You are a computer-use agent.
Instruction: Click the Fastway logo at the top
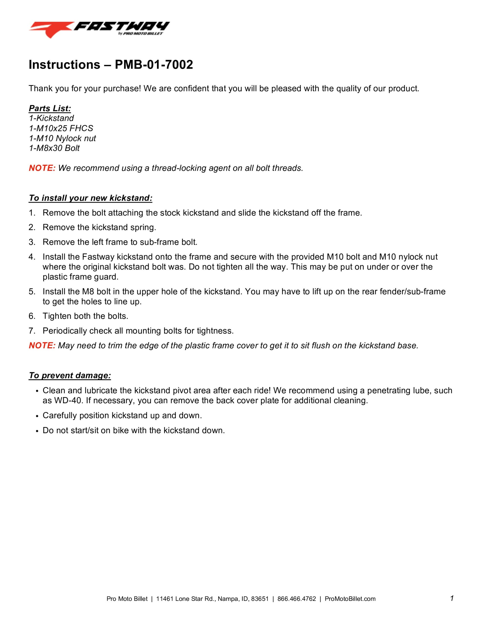(99, 29)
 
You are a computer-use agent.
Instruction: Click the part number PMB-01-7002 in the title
(154, 65)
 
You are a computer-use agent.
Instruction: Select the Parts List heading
(50, 108)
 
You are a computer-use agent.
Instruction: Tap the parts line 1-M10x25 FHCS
(61, 128)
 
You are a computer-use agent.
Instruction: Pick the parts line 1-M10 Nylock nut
(62, 138)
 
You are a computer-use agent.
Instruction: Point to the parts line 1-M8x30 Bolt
(54, 148)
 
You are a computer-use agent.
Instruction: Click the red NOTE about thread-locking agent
(42, 168)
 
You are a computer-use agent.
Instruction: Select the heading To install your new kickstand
(91, 198)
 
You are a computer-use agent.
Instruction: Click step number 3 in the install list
(31, 242)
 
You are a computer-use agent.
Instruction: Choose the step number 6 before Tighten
(31, 316)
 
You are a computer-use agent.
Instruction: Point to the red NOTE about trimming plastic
(42, 345)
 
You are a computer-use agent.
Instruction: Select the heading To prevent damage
(70, 375)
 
